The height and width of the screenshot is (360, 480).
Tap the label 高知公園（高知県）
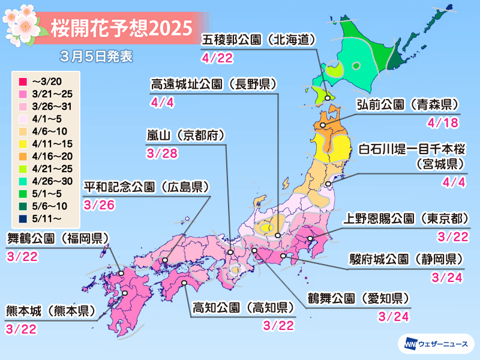[x=244, y=308]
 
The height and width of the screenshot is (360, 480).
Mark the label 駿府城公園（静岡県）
[x=407, y=259]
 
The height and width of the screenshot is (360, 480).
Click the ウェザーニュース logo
[x=436, y=344]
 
